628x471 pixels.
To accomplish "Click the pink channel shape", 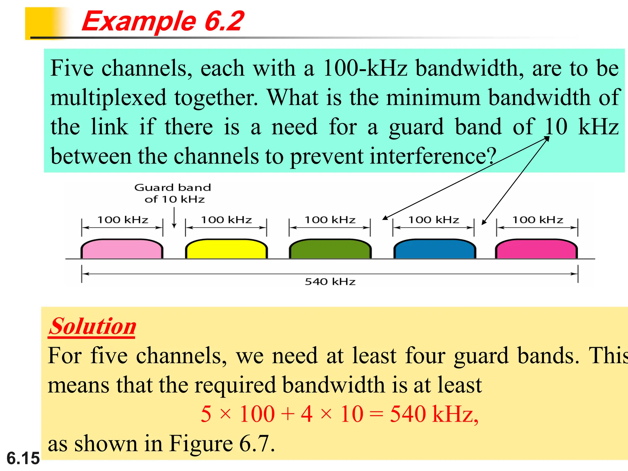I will pos(122,249).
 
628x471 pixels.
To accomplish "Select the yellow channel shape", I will pos(226,249).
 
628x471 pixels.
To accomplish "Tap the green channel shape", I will pos(330,249).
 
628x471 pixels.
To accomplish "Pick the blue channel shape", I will pos(434,249).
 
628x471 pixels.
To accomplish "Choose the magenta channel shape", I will pos(537,249).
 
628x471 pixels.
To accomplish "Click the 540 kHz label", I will pos(330,281).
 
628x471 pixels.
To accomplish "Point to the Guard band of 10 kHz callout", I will pos(173,193).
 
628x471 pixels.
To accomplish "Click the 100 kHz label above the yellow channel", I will pos(226,220).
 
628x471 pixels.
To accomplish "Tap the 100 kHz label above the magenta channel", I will pos(538,220).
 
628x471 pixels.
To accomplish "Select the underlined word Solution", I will pos(92,326).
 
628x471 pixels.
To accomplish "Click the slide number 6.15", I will pos(23,458).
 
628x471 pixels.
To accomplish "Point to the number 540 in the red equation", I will pos(408,414).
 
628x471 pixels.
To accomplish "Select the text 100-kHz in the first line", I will pos(365,68).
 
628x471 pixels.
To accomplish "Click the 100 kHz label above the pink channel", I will pos(123,220).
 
